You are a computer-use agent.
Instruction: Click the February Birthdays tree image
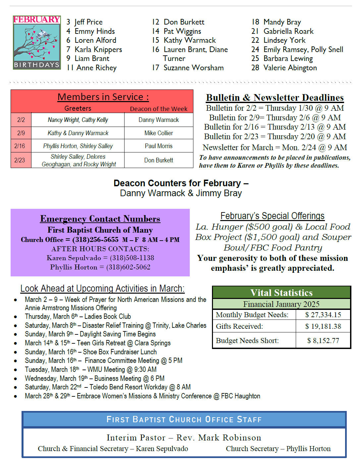click(x=36, y=42)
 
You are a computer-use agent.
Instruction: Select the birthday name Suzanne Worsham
click(x=193, y=68)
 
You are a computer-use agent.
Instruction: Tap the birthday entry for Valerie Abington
click(x=290, y=68)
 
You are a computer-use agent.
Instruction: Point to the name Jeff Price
click(x=88, y=22)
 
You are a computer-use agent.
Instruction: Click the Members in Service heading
click(x=103, y=97)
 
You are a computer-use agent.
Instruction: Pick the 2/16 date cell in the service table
click(x=20, y=146)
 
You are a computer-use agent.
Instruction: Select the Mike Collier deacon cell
click(x=159, y=133)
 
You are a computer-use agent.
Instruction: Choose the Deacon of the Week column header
click(x=158, y=109)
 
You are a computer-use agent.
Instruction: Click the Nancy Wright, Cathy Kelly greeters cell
click(x=78, y=120)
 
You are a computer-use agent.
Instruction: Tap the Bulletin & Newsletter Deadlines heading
click(x=275, y=97)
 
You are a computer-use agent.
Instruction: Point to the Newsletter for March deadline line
click(x=275, y=147)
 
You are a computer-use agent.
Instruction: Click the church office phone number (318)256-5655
click(x=95, y=240)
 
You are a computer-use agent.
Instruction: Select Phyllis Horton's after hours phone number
click(x=128, y=267)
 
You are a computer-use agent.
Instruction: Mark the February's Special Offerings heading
click(x=272, y=216)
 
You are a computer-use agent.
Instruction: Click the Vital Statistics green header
click(x=281, y=293)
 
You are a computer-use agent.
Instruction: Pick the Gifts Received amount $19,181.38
click(x=323, y=326)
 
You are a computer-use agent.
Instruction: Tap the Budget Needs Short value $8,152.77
click(x=323, y=340)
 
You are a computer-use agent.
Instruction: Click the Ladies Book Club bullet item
click(x=78, y=317)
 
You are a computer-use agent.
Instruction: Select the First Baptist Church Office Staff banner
click(x=184, y=419)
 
